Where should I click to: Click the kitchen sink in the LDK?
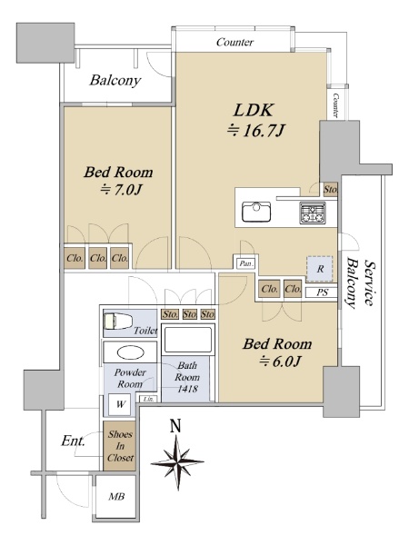coord(256,212)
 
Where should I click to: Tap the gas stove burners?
coord(313,213)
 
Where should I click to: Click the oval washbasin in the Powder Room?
coord(130,353)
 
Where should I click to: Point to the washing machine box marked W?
coord(119,404)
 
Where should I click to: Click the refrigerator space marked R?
coord(319,269)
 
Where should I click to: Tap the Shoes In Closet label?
coord(120,446)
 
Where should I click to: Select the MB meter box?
coord(116,497)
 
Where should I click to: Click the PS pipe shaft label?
coord(322,292)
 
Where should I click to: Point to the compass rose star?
coord(177,462)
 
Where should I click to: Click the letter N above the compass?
coord(176,426)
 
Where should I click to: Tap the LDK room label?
coord(254,110)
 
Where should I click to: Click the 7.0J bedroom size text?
coord(121,190)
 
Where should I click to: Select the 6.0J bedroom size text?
coord(279,362)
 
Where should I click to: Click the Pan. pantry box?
coord(246,263)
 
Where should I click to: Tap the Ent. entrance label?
coord(73,441)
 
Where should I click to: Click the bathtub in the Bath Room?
coord(188,339)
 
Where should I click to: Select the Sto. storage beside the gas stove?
coord(331,190)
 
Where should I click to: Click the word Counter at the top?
coord(234,43)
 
